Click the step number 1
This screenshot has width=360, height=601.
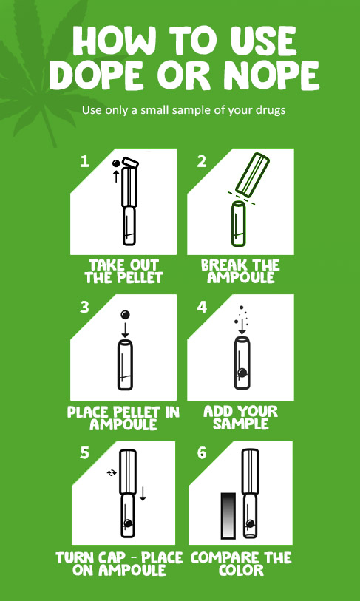[84, 161]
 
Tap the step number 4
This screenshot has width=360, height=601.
[202, 307]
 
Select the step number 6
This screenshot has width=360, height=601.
[202, 453]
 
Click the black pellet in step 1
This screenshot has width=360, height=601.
[115, 163]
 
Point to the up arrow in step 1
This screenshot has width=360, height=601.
[115, 177]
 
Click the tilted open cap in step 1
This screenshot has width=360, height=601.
[132, 163]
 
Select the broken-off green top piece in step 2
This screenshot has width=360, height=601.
[252, 174]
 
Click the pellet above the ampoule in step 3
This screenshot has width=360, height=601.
[125, 315]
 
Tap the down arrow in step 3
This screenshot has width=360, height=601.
[125, 330]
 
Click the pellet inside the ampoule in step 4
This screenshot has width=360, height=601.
[242, 372]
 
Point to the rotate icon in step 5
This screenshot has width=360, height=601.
[112, 473]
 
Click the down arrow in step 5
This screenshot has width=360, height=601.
[143, 493]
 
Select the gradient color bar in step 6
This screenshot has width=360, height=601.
[230, 516]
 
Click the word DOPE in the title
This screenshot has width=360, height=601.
[99, 75]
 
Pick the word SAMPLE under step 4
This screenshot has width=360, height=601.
[241, 424]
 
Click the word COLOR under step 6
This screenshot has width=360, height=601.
[241, 570]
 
